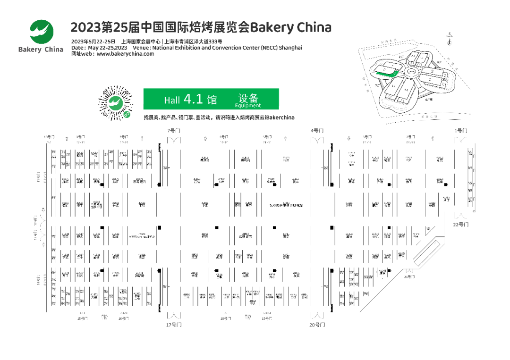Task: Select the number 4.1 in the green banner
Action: point(193,99)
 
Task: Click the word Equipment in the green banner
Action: point(247,106)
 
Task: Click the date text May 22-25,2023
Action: point(107,48)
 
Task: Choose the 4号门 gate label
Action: point(317,130)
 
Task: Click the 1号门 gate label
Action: point(460,130)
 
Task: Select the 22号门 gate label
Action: point(461,225)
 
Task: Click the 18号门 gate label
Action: point(226,318)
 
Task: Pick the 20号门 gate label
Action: point(318,325)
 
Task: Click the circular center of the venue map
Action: point(410,73)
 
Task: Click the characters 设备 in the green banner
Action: point(248,98)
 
